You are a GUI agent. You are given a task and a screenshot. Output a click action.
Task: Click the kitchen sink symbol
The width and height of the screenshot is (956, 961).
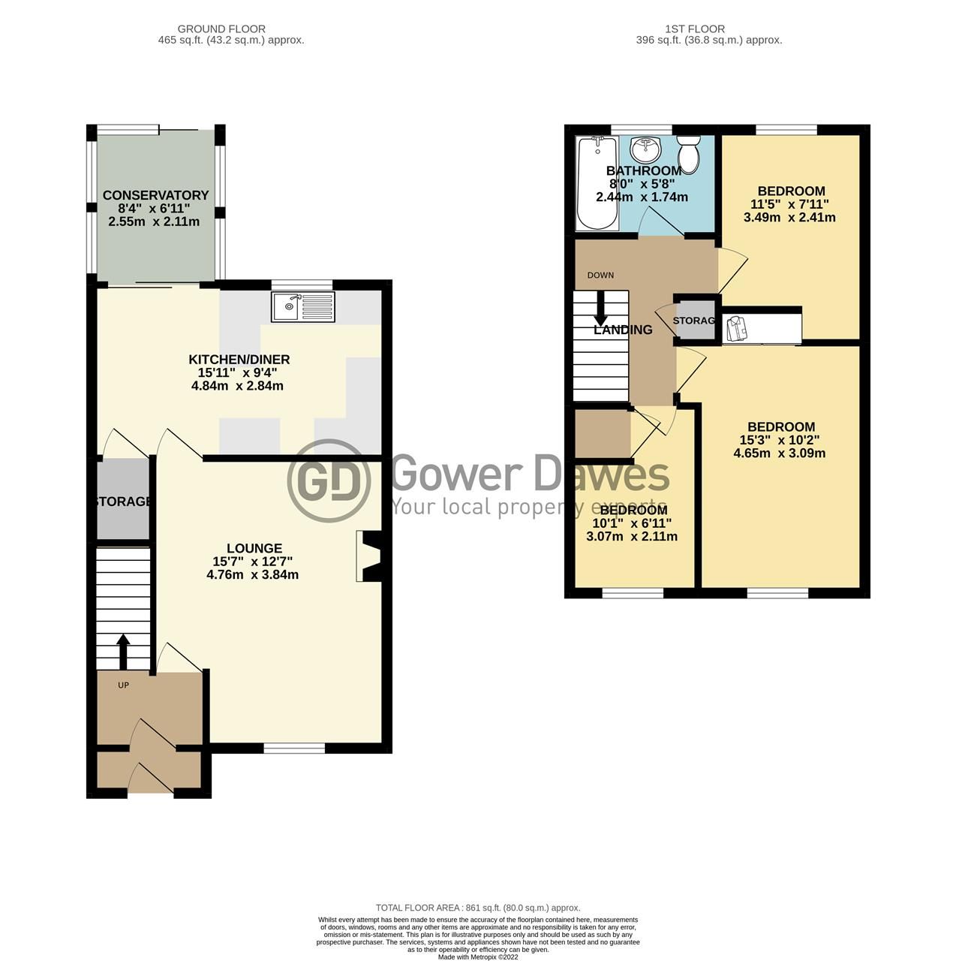tap(304, 306)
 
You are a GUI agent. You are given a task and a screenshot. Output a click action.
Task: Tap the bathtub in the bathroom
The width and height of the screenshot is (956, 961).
tap(597, 183)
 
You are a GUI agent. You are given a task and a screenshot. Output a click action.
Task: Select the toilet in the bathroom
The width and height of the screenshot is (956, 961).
tap(687, 155)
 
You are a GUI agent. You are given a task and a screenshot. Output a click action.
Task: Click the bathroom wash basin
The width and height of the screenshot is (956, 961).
tap(645, 149)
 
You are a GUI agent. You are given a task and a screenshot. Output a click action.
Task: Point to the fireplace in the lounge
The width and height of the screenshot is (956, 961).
tap(370, 556)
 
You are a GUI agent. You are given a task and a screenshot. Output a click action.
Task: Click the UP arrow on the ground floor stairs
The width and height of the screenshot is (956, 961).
tap(123, 650)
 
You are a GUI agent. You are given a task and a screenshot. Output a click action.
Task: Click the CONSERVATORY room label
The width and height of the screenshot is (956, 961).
tap(155, 195)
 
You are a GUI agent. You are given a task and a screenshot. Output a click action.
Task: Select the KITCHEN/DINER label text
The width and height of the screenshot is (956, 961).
tap(239, 360)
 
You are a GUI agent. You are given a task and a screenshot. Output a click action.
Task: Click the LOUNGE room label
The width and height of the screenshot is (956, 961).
tap(255, 549)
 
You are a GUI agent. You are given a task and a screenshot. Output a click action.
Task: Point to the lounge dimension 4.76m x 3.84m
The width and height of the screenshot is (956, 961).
tap(252, 575)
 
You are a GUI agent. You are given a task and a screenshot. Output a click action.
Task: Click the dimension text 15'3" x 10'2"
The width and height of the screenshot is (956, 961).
tap(780, 440)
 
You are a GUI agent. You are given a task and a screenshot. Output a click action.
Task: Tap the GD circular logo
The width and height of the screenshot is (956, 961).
tap(329, 480)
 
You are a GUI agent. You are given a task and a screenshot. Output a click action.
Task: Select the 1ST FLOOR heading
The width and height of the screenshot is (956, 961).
tap(695, 29)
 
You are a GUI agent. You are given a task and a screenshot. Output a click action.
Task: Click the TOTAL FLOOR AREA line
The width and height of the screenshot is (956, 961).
tap(478, 908)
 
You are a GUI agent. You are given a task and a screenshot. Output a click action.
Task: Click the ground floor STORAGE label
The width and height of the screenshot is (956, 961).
tap(123, 501)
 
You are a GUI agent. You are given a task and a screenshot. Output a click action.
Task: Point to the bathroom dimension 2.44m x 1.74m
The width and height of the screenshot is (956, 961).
tap(642, 197)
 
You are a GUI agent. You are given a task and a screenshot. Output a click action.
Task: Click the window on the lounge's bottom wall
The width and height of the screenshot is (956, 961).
tap(294, 748)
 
